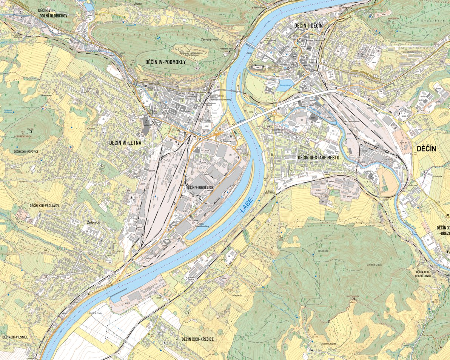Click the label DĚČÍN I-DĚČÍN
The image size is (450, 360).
pyautogui.click(x=308, y=25)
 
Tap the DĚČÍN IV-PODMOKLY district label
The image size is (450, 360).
pyautogui.click(x=166, y=62)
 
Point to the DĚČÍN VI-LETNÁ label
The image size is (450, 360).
pyautogui.click(x=125, y=143)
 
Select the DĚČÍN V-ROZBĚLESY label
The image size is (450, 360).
pyautogui.click(x=200, y=187)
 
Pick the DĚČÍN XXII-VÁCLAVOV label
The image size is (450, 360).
pyautogui.click(x=45, y=206)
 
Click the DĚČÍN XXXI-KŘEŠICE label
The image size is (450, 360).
pyautogui.click(x=197, y=339)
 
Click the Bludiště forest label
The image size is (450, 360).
pyautogui.click(x=322, y=250)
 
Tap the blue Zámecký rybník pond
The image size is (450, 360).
pyautogui.click(x=286, y=83)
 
